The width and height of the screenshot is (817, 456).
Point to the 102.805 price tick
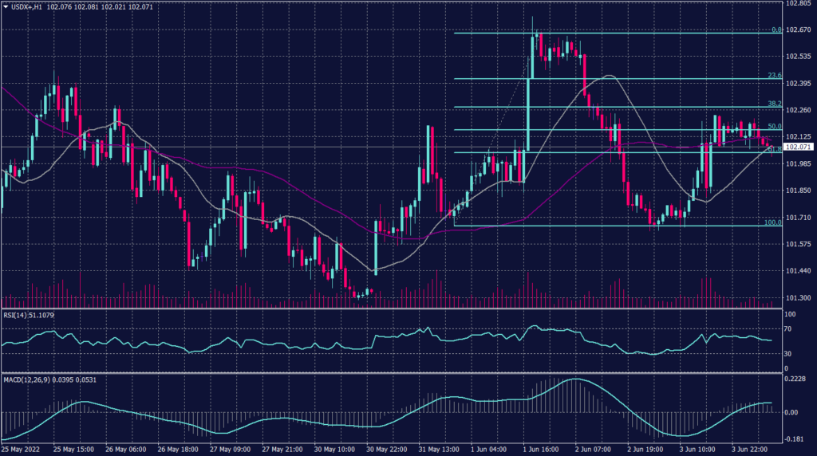(798, 4)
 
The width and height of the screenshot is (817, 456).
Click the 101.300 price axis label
(798, 297)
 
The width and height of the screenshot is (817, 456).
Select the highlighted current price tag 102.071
(798, 147)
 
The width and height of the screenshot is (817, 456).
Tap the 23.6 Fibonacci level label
(773, 76)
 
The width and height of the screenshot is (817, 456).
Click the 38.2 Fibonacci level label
(773, 104)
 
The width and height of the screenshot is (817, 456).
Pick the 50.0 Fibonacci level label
(773, 127)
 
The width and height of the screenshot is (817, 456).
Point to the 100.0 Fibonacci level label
(772, 222)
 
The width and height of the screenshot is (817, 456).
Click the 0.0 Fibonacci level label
(776, 30)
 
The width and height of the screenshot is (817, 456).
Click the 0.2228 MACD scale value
(797, 379)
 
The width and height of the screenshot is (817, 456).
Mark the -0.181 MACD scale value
(795, 438)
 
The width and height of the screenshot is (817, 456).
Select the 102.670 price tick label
(798, 30)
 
